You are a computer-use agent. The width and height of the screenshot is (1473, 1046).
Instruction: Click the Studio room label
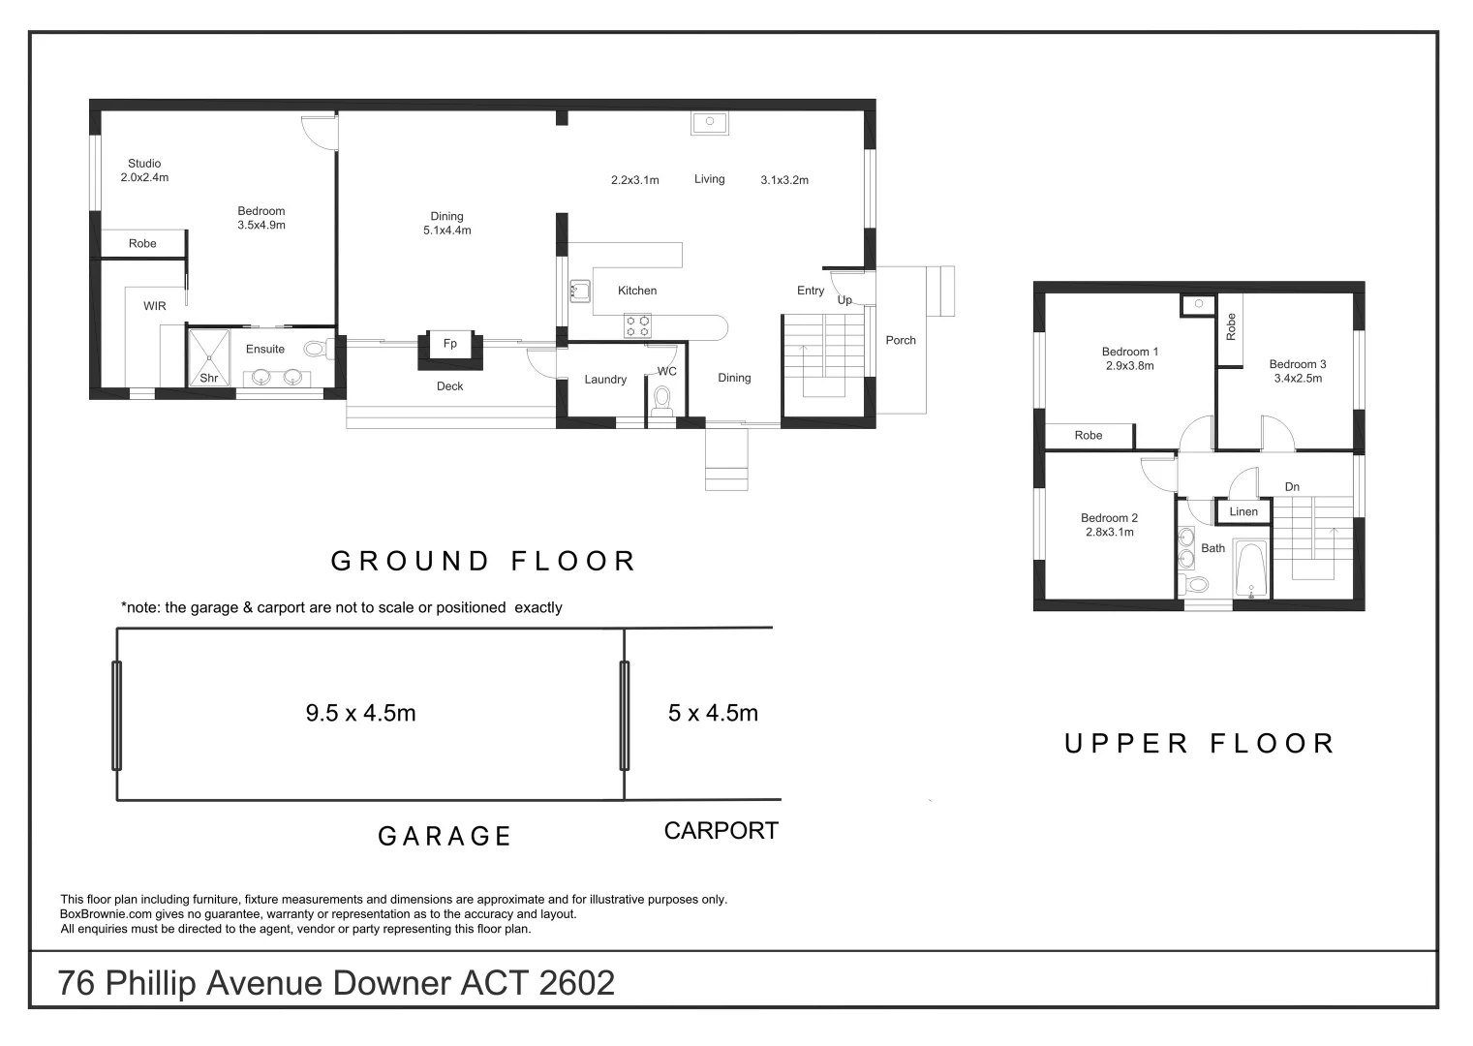(144, 163)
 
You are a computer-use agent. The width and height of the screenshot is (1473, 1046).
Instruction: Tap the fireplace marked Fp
(449, 351)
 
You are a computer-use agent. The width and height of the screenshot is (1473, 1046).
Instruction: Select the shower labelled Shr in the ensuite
(209, 357)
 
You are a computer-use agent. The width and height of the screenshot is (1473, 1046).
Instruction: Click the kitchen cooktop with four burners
(636, 326)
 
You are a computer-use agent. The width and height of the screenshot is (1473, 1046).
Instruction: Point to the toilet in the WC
(661, 401)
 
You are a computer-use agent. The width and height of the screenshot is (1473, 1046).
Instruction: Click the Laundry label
(605, 380)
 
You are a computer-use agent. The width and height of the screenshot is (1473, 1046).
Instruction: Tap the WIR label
(155, 306)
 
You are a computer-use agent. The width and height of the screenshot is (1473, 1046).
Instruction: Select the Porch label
(901, 340)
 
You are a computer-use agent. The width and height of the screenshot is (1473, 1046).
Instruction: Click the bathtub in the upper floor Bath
(1250, 569)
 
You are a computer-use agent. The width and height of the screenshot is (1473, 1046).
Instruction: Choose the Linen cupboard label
(1243, 511)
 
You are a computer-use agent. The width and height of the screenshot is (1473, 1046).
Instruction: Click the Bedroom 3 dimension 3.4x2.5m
(1298, 378)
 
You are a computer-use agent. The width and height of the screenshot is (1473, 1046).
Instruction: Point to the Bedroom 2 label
(1110, 518)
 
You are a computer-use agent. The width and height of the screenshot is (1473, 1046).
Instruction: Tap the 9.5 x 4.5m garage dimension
(360, 713)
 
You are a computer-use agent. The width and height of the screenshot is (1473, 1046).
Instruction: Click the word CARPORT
(721, 830)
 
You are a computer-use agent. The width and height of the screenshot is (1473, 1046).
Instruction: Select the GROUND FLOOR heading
(482, 561)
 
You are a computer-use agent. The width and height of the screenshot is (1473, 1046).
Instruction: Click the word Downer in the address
(392, 983)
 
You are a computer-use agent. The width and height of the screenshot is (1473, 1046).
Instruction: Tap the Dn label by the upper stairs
(1292, 486)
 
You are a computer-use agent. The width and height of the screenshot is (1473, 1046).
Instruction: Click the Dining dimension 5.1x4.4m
(446, 231)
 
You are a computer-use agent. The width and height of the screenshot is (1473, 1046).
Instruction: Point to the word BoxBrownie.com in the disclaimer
(106, 914)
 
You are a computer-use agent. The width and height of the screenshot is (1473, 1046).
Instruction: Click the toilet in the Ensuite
(322, 349)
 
